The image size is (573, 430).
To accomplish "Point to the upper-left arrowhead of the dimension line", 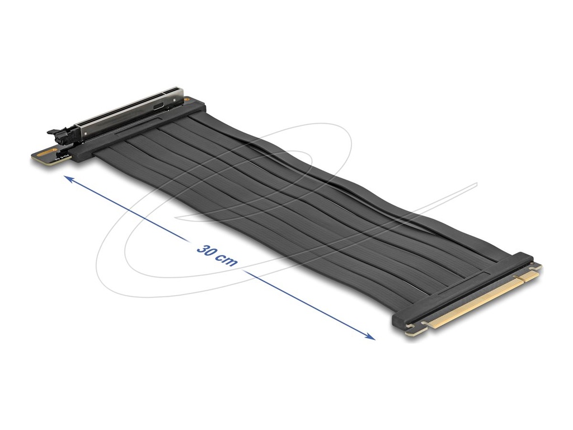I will coord(68,179).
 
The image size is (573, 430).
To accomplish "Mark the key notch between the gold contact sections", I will coord(522,277).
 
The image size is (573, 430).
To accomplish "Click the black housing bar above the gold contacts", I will coord(464,288).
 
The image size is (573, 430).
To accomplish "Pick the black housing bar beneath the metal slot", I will coord(140,130).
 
